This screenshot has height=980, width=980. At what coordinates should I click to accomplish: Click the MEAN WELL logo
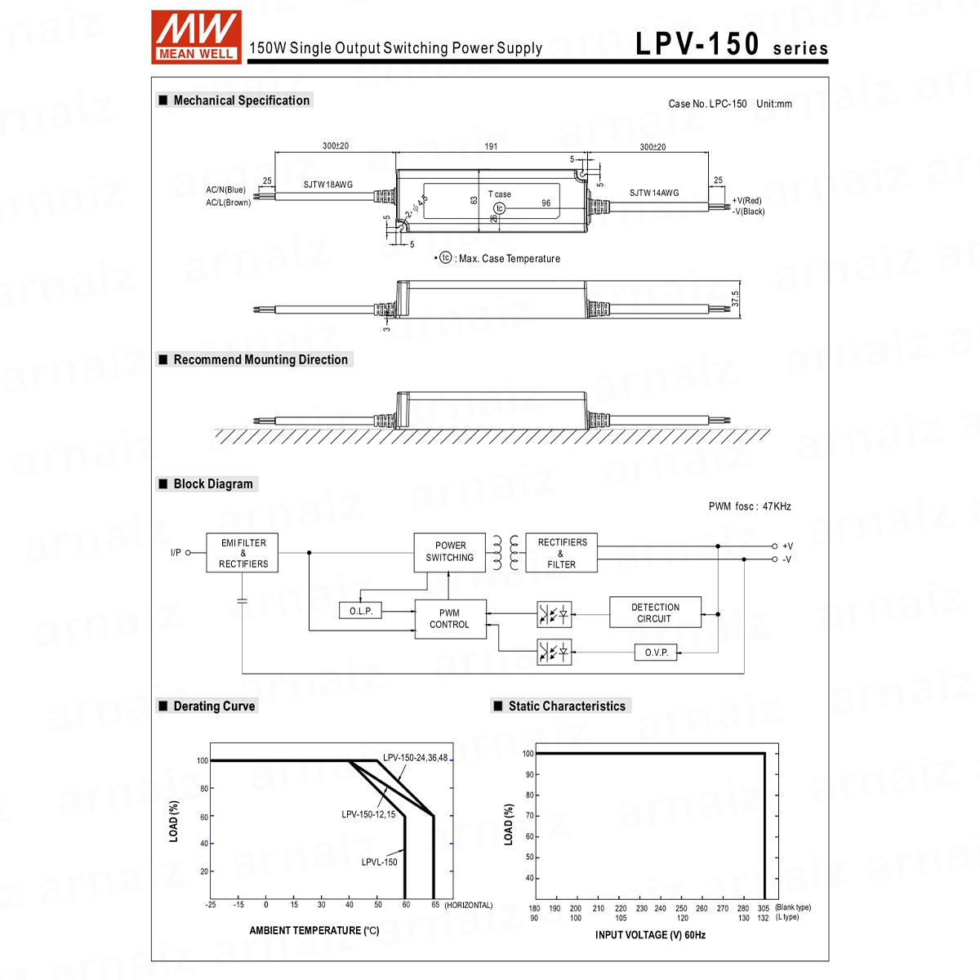coord(196,37)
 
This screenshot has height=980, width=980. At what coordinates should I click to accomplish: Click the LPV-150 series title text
coord(731,45)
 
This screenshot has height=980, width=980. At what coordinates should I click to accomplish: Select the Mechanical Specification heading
coord(241,100)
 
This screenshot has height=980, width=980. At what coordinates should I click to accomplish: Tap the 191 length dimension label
coord(491,147)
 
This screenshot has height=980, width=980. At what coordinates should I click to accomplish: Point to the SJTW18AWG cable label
coord(328,185)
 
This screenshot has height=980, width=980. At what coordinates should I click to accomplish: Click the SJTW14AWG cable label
coord(653,194)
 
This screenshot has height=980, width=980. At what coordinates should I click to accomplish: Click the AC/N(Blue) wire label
coord(225,190)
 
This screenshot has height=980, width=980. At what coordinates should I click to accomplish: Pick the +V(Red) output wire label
coord(747,201)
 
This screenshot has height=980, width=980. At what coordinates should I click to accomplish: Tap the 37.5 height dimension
coord(735,299)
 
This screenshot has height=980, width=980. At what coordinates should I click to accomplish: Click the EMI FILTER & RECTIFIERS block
coord(243,553)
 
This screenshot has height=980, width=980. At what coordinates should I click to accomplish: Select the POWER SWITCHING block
coord(449,552)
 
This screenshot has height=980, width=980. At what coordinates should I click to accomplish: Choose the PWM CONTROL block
coord(449,619)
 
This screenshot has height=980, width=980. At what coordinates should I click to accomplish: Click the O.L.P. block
coord(360,612)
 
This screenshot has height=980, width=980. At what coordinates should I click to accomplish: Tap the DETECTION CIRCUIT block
coord(655,612)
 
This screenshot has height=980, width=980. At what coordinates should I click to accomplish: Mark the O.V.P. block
coord(656,653)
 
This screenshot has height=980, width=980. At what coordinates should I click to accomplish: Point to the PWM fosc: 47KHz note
coord(750,506)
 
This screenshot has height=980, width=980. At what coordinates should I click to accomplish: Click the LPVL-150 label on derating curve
coord(379,862)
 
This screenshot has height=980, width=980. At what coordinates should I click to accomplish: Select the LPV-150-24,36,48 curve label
coord(415,758)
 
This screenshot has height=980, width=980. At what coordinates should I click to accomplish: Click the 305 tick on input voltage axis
coord(763,908)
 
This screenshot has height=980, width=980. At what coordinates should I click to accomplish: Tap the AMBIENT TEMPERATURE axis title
coord(314,930)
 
